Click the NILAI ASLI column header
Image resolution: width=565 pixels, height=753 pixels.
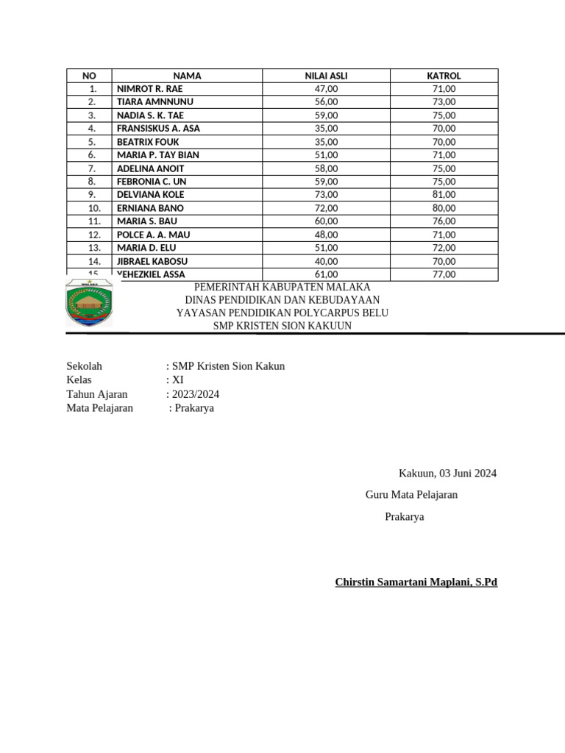(326, 76)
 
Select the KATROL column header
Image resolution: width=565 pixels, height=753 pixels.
(444, 76)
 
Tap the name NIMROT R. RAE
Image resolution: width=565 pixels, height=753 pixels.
(150, 89)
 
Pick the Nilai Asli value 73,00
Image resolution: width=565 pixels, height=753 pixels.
(326, 195)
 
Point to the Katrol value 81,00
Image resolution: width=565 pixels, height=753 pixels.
(444, 195)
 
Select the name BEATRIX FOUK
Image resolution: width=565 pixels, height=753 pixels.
(148, 142)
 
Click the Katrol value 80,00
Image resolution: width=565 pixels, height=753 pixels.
(444, 208)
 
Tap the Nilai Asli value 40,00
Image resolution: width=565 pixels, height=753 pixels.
(326, 261)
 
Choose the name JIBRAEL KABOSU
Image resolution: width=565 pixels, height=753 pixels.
(152, 261)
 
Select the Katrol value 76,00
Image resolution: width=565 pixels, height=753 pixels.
(444, 221)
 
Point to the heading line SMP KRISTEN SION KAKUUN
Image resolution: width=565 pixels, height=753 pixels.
(282, 326)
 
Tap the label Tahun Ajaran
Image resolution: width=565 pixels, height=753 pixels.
(97, 394)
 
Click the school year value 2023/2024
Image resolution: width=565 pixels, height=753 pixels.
(195, 394)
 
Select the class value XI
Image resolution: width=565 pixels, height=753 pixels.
(177, 380)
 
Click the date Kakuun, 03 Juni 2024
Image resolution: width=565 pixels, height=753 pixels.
(447, 474)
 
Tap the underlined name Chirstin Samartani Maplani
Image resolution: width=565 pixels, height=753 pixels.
(416, 582)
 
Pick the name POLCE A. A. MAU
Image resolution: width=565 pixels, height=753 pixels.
(154, 235)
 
